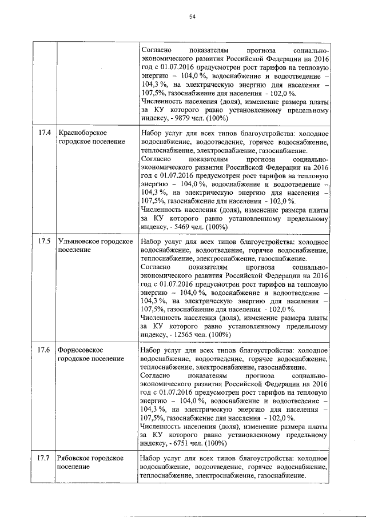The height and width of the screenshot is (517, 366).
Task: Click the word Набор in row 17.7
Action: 152,458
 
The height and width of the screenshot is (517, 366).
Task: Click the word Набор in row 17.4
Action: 152,133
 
